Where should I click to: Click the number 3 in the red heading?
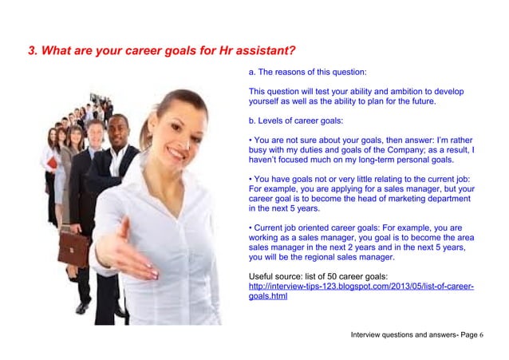(32, 52)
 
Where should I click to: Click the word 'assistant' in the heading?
(263, 52)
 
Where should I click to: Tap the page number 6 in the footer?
(482, 334)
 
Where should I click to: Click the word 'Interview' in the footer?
(369, 334)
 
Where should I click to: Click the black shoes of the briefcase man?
(82, 307)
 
